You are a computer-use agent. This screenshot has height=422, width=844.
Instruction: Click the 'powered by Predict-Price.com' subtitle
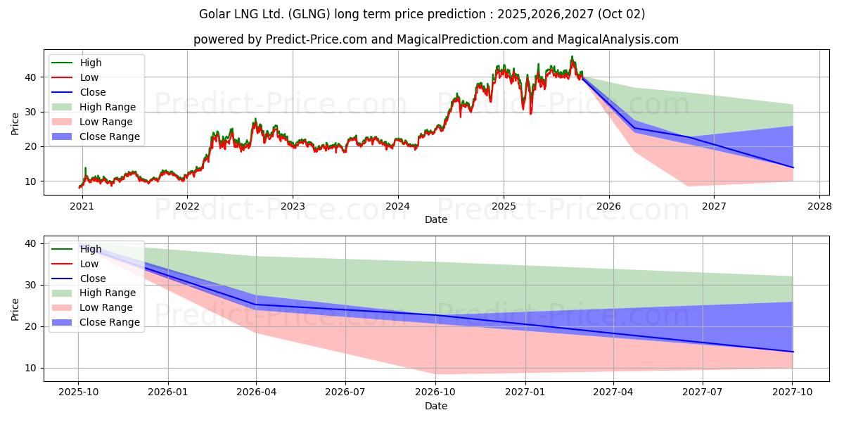click(x=436, y=39)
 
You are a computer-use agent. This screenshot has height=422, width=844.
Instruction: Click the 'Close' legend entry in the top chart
click(x=93, y=92)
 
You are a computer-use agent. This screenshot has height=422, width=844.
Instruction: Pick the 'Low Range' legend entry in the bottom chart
click(x=107, y=307)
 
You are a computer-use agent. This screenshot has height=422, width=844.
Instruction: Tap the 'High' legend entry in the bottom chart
click(x=91, y=249)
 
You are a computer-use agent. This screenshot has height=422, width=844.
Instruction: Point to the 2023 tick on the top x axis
click(x=293, y=206)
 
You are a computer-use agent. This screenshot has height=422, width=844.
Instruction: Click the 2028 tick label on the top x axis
click(x=819, y=206)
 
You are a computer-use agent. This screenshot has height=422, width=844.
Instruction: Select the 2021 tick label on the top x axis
click(x=82, y=206)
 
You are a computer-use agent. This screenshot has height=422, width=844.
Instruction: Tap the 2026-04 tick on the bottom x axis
click(x=256, y=392)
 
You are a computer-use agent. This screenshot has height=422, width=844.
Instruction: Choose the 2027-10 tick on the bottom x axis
click(x=793, y=392)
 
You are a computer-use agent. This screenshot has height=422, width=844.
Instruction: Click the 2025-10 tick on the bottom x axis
click(x=78, y=392)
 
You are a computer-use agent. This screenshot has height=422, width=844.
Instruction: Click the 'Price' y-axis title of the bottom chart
click(x=15, y=308)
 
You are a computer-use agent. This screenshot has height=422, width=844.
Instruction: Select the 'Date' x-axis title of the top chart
click(x=436, y=219)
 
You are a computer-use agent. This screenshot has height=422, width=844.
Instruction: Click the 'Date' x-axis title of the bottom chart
click(x=436, y=406)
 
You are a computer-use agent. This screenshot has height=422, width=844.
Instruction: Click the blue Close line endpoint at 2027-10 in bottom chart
click(x=793, y=352)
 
